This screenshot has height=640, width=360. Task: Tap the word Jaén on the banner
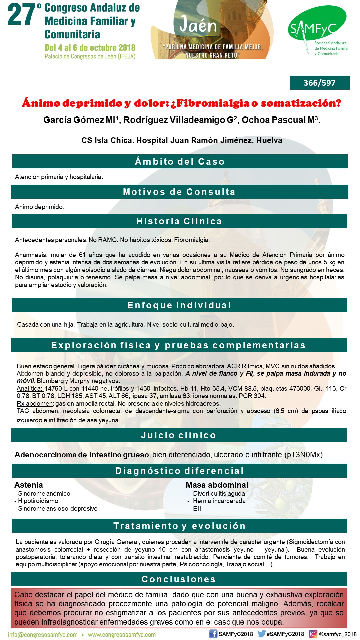(198, 25)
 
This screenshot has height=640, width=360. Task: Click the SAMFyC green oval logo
(317, 23)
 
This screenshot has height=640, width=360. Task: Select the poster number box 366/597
(319, 83)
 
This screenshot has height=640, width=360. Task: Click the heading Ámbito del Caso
(180, 162)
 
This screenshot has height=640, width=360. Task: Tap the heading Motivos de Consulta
(179, 192)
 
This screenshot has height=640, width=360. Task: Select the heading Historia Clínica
(179, 221)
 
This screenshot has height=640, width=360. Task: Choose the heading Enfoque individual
(179, 305)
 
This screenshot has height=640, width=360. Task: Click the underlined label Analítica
(30, 389)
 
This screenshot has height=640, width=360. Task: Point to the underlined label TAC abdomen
(38, 411)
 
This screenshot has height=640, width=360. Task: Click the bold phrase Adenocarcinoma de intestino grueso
(82, 455)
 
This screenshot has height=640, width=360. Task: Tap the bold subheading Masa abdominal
(217, 485)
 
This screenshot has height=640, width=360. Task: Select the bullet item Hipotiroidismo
(38, 501)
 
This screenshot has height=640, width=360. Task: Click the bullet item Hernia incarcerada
(219, 501)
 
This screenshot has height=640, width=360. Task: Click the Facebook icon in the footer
(213, 634)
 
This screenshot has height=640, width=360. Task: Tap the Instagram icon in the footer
(313, 634)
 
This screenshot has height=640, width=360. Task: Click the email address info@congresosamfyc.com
(43, 635)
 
